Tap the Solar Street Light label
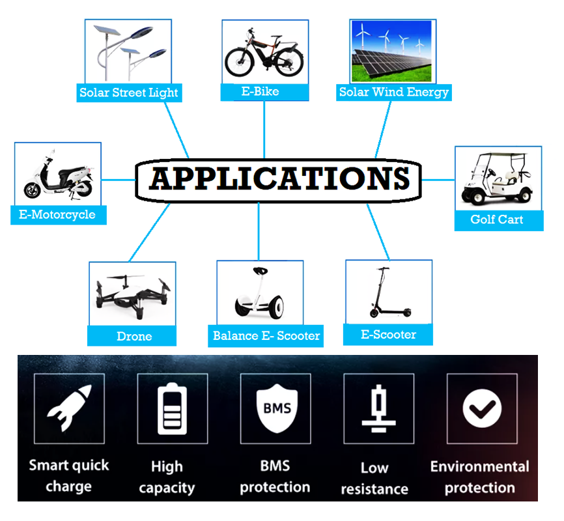pyautogui.click(x=128, y=92)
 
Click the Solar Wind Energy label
pyautogui.click(x=394, y=92)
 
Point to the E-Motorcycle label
pyautogui.click(x=57, y=214)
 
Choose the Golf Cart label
pyautogui.click(x=497, y=219)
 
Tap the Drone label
pyautogui.click(x=134, y=336)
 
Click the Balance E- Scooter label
pyautogui.click(x=266, y=336)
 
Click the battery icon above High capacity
pyautogui.click(x=172, y=409)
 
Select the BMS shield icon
pyautogui.click(x=274, y=409)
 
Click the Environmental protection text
pyautogui.click(x=480, y=477)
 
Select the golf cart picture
pyautogui.click(x=498, y=178)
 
